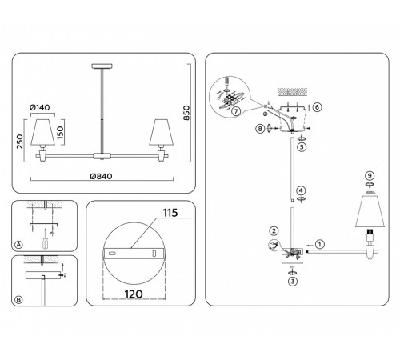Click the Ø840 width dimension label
pos(101,176)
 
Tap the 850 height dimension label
pos(186,113)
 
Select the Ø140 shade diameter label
pos(40,107)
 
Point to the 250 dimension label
pos(20,142)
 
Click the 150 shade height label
pos(61,133)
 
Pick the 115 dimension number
pos(170,213)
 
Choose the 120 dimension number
pos(134,294)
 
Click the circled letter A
pos(18,245)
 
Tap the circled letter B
pos(18,300)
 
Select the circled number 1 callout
pos(320,244)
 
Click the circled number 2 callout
pos(274,231)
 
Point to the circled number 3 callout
pos(293,282)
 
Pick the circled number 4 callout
pos(301,190)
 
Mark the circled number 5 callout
pos(302,147)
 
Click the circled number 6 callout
pos(317,107)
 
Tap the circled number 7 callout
pos(236,111)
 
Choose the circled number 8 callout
pos(260,129)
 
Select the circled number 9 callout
pos(370,176)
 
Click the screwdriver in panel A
pos(46,239)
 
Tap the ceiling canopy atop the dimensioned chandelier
pos(102,66)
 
